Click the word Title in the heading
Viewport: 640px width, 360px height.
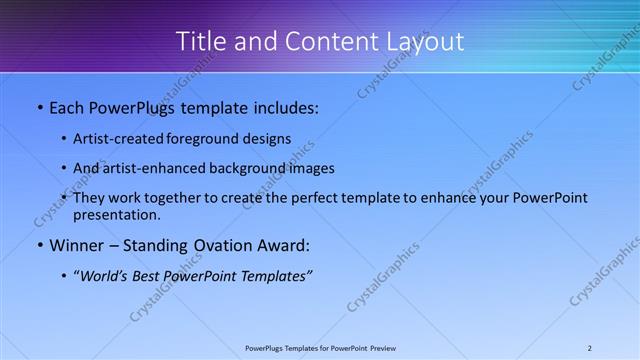pos(200,41)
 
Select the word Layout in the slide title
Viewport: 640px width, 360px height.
pos(428,41)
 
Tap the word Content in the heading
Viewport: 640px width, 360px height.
pos(306,41)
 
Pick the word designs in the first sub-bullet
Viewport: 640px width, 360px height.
pos(266,138)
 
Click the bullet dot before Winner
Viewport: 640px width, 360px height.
pos(39,245)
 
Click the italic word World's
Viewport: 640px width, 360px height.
pos(105,276)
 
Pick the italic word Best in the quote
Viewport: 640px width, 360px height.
pos(150,276)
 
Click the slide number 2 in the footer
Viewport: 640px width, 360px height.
pos(589,348)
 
